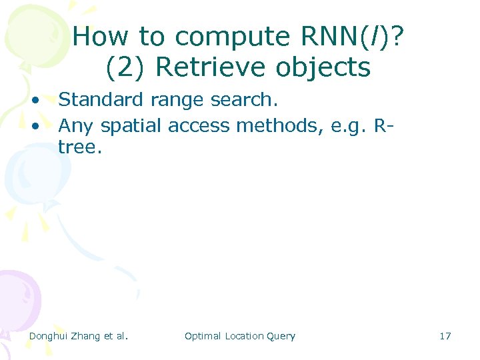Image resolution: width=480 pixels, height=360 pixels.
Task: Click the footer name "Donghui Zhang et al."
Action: tap(79, 336)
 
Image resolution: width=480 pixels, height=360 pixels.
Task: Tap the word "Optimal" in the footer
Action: tap(203, 336)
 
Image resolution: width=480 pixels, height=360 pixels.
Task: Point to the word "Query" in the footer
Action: tap(281, 337)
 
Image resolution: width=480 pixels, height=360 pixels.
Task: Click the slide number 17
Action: tap(445, 336)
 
